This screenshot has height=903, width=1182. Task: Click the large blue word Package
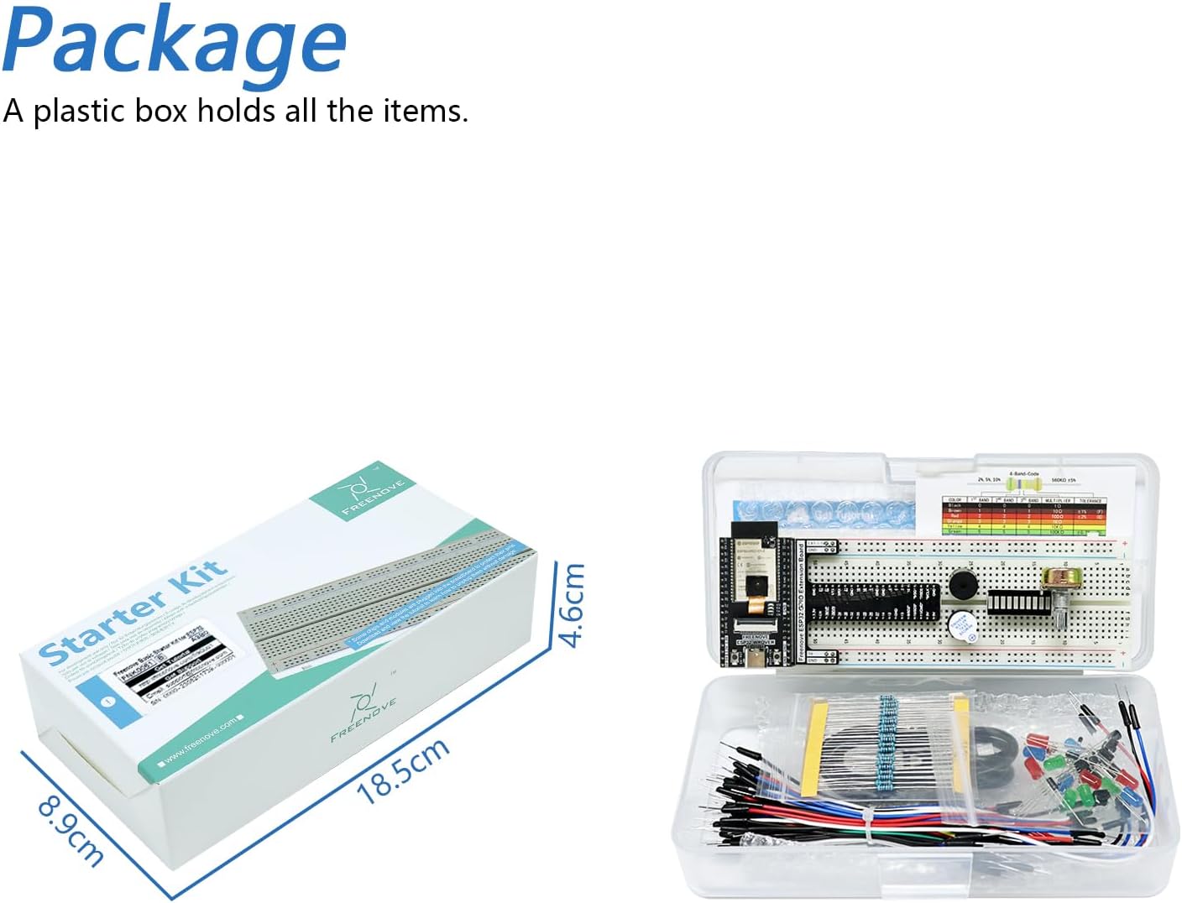[174, 40]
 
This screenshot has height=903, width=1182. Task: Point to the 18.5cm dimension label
[403, 770]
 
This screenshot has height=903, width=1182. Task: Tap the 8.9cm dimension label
[71, 832]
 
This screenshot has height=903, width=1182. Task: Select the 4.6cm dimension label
[571, 605]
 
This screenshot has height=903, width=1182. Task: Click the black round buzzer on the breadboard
[965, 586]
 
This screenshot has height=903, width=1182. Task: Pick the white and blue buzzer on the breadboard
[961, 626]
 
